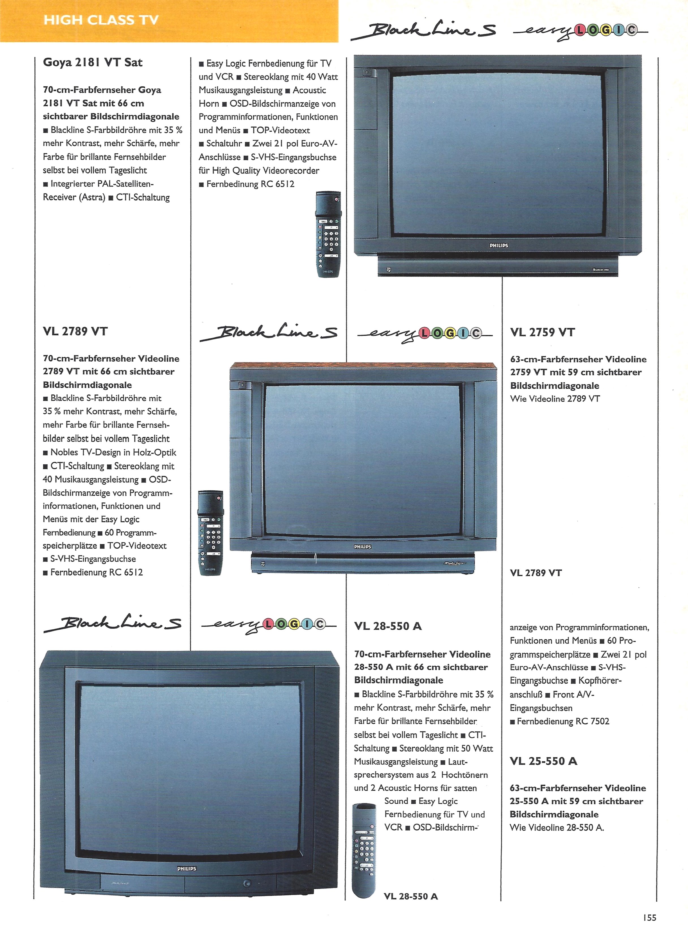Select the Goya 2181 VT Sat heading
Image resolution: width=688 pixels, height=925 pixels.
pyautogui.click(x=93, y=63)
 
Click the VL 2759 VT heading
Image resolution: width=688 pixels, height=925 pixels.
pyautogui.click(x=542, y=332)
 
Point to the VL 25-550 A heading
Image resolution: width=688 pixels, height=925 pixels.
pyautogui.click(x=543, y=761)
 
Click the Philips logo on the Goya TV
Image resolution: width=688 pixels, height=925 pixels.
pyautogui.click(x=498, y=246)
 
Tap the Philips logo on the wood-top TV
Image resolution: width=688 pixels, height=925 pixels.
pyautogui.click(x=362, y=546)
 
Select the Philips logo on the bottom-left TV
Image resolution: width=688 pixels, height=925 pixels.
pyautogui.click(x=187, y=868)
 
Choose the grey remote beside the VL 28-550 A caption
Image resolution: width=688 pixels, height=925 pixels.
pyautogui.click(x=364, y=850)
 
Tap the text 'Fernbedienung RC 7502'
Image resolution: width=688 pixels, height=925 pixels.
pyautogui.click(x=563, y=721)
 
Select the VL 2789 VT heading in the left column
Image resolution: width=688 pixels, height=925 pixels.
pyautogui.click(x=75, y=332)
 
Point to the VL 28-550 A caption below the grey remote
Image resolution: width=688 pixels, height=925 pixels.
pyautogui.click(x=411, y=896)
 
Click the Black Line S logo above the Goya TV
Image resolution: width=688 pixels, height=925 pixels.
pyautogui.click(x=423, y=30)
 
